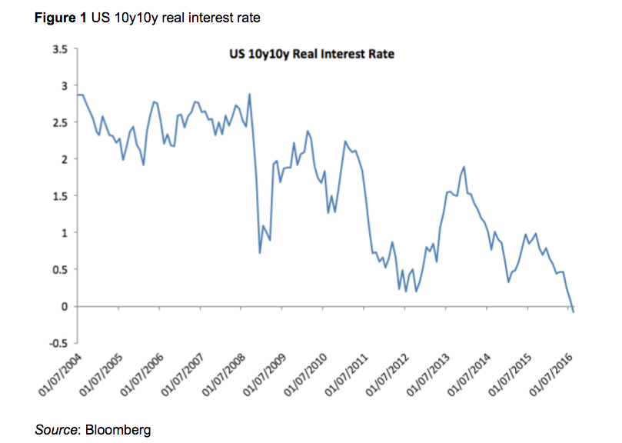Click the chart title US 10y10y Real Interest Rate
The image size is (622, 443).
[307, 55]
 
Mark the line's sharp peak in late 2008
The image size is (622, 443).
[250, 95]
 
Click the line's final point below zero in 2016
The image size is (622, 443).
[574, 311]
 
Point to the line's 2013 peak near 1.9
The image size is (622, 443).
[464, 167]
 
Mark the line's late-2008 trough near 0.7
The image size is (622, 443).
[260, 252]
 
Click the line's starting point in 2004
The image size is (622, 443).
[78, 95]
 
